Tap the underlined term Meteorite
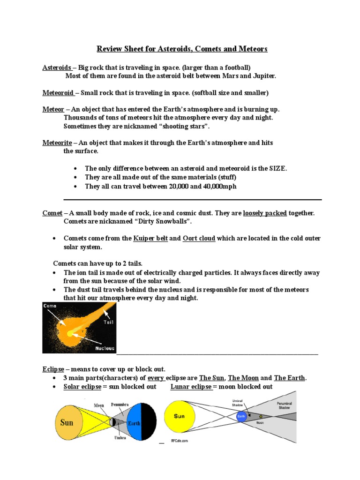(x=57, y=142)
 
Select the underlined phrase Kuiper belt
(x=150, y=238)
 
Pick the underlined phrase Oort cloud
(x=199, y=238)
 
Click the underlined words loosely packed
(x=265, y=213)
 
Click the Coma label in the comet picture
(x=50, y=306)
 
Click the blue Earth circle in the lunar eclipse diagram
(x=241, y=416)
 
